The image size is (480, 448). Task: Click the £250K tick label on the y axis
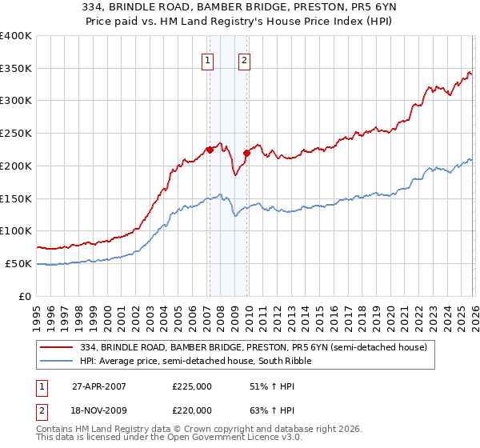pos(16,134)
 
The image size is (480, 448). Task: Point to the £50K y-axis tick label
pos(18,263)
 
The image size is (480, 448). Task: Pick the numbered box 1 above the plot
pos(208,59)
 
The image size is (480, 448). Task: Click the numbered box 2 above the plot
pos(243,59)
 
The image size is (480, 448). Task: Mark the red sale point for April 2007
pos(210,149)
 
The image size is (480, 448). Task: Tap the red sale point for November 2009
pos(246,153)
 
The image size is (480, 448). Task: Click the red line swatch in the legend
pos(58,347)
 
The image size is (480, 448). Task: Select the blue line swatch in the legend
pos(58,361)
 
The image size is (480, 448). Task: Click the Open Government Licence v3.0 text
pos(212,438)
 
